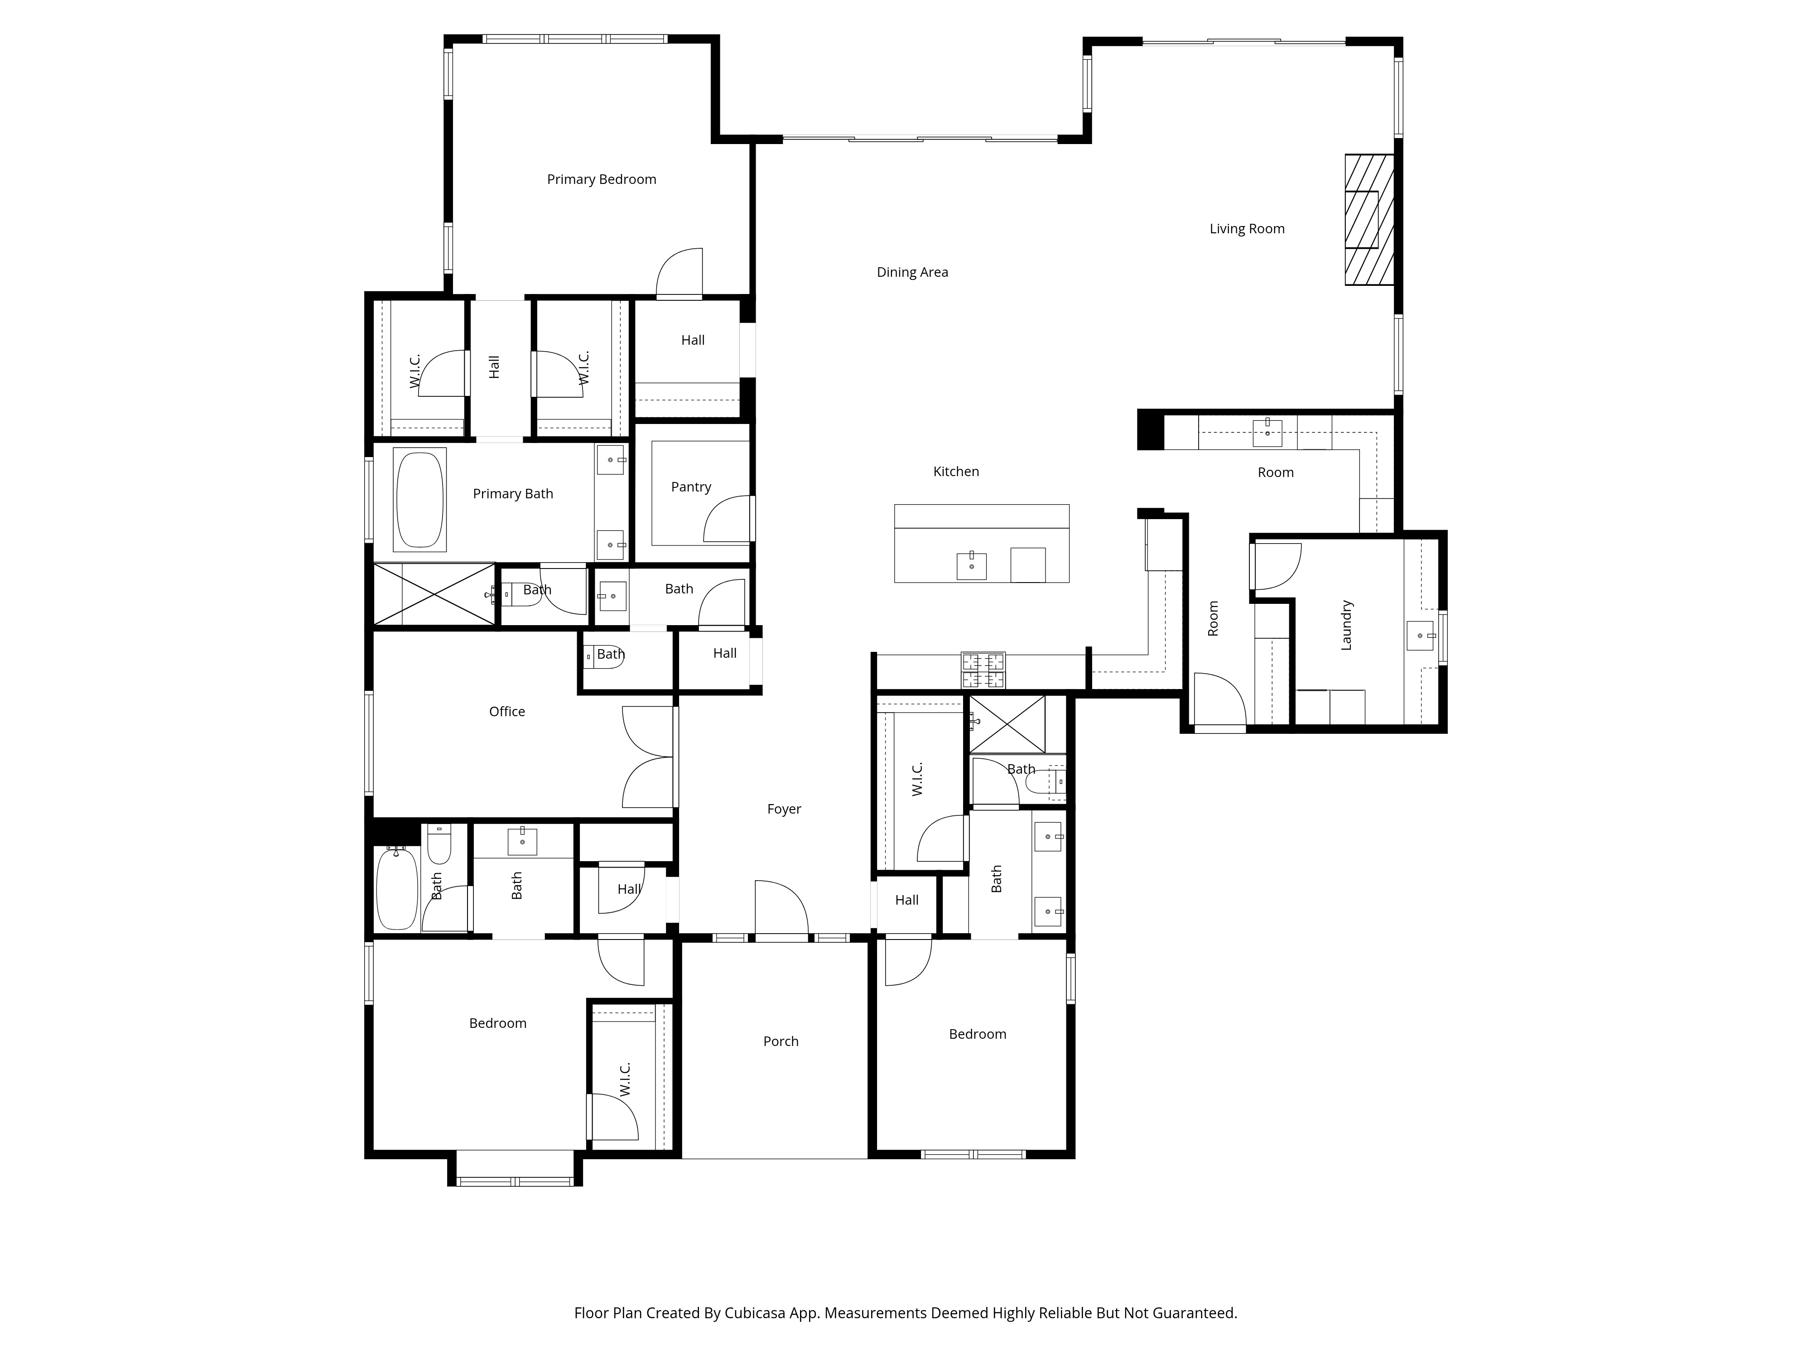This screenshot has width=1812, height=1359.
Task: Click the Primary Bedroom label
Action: pyautogui.click(x=601, y=179)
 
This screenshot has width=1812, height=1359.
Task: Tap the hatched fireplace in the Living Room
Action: pyautogui.click(x=1369, y=220)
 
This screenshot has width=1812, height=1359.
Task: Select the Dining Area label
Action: pyautogui.click(x=912, y=272)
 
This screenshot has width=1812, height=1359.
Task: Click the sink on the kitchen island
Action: pyautogui.click(x=972, y=565)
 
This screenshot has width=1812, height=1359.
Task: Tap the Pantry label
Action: pyautogui.click(x=690, y=487)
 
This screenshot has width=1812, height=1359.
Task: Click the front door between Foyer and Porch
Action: pyautogui.click(x=781, y=909)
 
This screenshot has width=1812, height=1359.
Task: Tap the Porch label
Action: pyautogui.click(x=781, y=1041)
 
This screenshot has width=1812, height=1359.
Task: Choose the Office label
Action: pyautogui.click(x=506, y=711)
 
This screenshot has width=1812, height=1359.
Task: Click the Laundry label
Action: pyautogui.click(x=1346, y=625)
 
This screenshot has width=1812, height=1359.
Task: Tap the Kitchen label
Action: pyautogui.click(x=956, y=471)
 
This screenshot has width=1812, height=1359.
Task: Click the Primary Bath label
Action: pyautogui.click(x=513, y=493)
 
